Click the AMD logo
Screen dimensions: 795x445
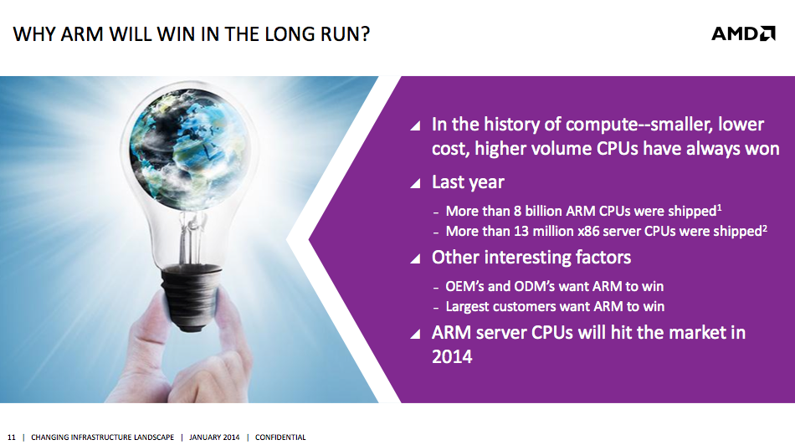[x=743, y=33]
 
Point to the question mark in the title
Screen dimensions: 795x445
[x=365, y=34]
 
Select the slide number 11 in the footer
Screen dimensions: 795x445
[x=12, y=437]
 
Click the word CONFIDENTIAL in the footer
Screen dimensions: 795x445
[x=280, y=437]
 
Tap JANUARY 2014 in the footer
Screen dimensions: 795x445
[x=214, y=437]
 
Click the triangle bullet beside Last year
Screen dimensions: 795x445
[x=415, y=183]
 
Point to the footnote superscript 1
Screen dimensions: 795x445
[x=719, y=207]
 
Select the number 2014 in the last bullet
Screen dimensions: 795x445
[x=452, y=357]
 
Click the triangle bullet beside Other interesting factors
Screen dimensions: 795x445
[x=415, y=259]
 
